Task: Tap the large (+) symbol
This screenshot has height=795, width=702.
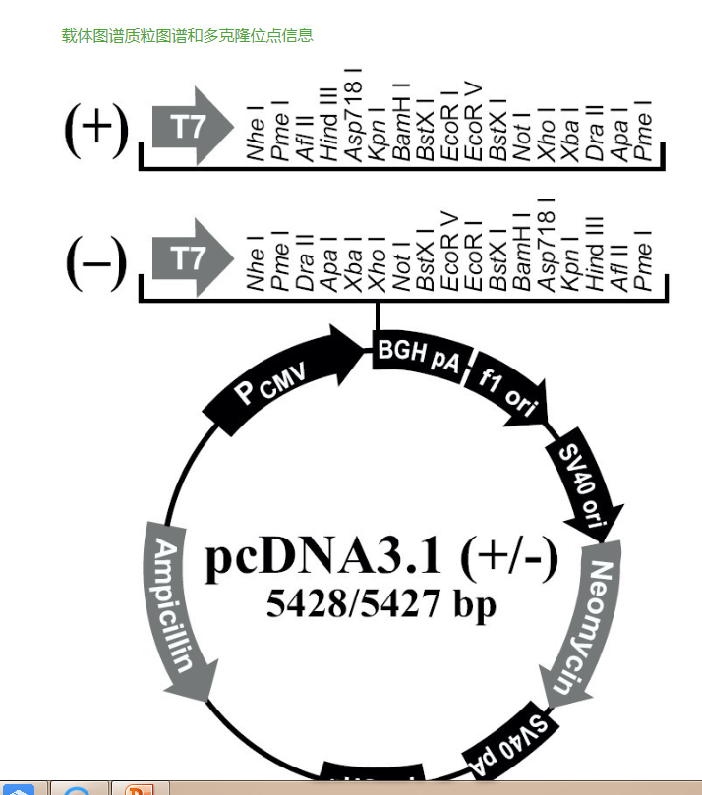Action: [95, 129]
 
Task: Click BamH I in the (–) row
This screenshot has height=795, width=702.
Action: [522, 251]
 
